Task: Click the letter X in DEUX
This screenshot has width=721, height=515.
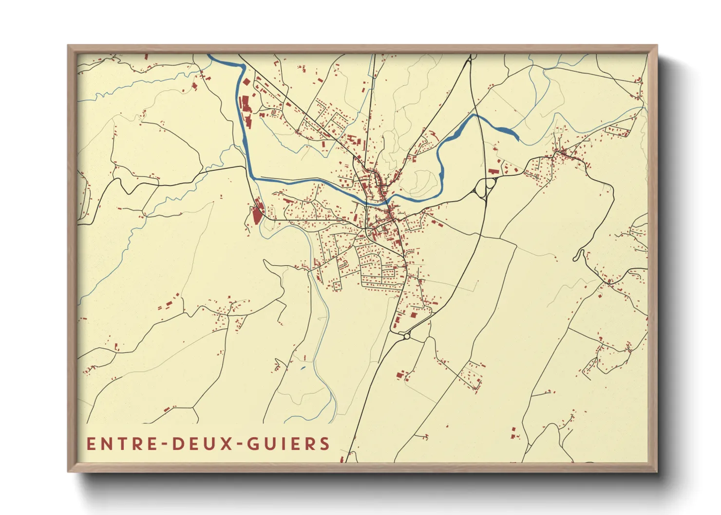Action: click(228, 443)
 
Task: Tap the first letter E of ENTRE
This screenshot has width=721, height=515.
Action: click(91, 443)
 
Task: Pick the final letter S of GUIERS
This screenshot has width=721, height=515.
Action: click(325, 443)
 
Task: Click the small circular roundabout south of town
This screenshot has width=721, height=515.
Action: click(407, 336)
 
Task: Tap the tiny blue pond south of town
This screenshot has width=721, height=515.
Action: click(303, 368)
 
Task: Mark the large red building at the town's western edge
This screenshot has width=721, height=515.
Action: click(256, 214)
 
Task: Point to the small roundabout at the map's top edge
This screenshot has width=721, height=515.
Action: click(470, 60)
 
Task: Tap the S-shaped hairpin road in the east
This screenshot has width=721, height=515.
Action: click(579, 255)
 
